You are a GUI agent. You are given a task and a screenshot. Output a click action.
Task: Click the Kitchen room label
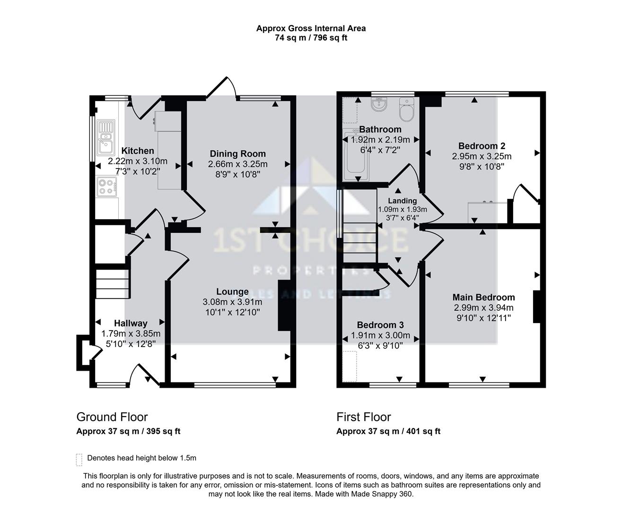click(x=138, y=151)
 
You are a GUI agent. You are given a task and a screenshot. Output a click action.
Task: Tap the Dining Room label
click(x=237, y=153)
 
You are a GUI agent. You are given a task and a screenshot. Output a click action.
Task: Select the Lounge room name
click(x=232, y=292)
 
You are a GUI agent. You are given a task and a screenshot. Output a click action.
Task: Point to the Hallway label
click(x=131, y=323)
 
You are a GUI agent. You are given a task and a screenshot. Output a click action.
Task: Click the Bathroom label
click(x=380, y=129)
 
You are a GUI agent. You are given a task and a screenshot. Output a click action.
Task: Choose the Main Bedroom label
click(x=483, y=297)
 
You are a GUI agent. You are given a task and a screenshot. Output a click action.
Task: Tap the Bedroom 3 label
click(x=380, y=325)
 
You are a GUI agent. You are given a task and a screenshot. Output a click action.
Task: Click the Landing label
click(x=402, y=201)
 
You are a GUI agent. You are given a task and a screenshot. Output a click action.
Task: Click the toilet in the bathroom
click(x=406, y=110)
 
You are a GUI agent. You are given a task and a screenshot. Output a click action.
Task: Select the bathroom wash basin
click(x=379, y=104)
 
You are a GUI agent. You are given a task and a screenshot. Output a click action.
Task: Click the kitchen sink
click(x=105, y=137)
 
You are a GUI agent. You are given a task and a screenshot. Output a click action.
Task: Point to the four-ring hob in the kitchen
click(x=106, y=187)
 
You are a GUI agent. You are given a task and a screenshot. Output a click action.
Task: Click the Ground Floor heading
click(x=112, y=417)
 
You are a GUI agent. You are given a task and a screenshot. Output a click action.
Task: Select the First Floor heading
click(x=363, y=417)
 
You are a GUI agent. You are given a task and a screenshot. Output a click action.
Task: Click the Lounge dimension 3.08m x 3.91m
click(x=232, y=302)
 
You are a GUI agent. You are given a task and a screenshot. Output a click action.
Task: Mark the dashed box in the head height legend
click(x=79, y=459)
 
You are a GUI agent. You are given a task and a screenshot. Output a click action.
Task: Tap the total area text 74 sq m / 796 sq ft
click(x=311, y=38)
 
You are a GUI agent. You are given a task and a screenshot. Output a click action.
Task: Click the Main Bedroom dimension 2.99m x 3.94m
click(x=483, y=307)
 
